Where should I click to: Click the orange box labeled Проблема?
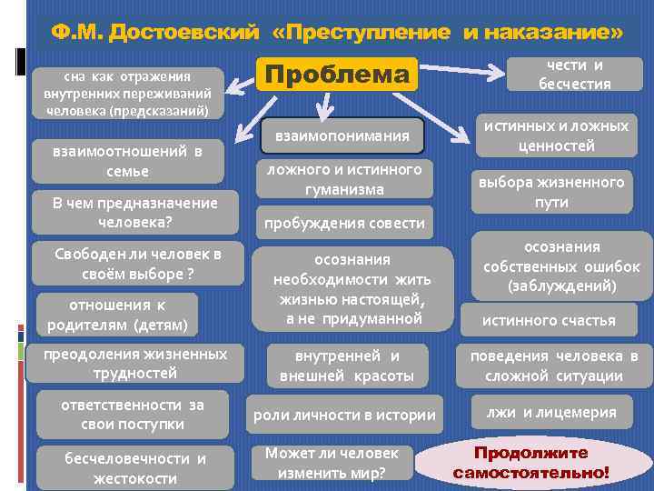click(x=338, y=75)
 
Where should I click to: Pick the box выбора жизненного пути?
click(x=551, y=193)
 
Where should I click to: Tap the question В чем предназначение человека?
click(x=134, y=213)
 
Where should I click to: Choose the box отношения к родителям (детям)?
click(x=117, y=315)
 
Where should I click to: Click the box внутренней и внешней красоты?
click(x=346, y=366)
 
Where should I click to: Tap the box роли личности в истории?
click(x=344, y=416)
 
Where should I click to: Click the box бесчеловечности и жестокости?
click(x=134, y=468)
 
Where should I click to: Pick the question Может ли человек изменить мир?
click(x=332, y=463)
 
